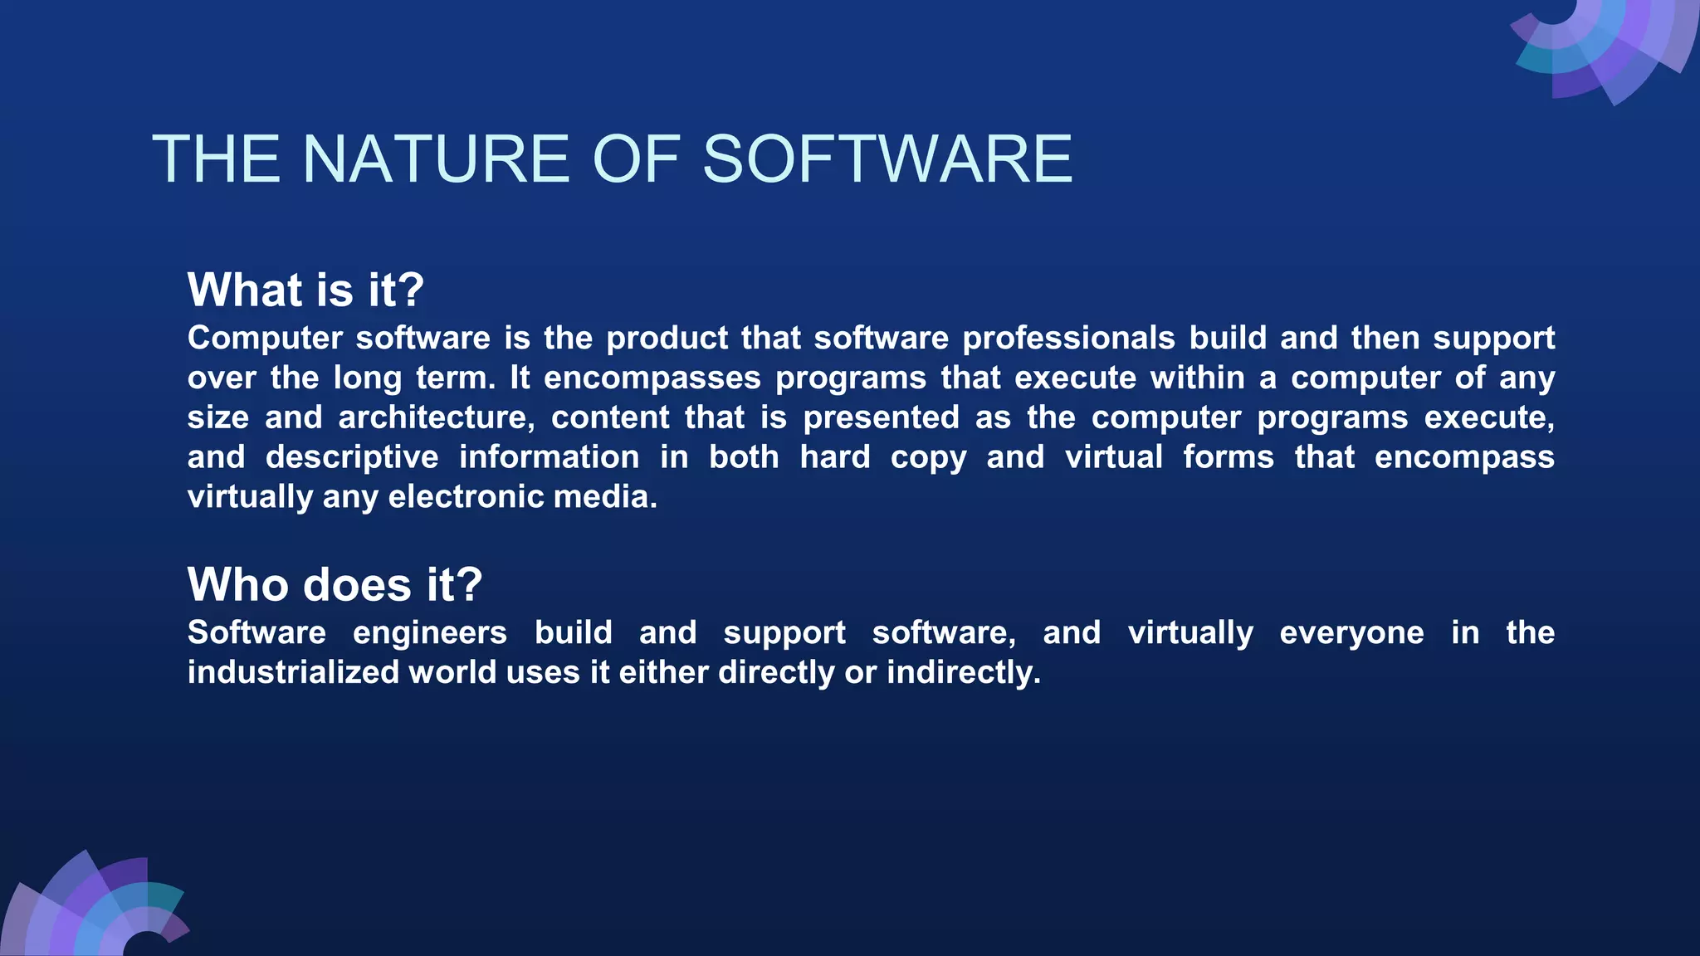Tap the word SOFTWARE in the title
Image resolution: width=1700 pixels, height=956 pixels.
click(887, 159)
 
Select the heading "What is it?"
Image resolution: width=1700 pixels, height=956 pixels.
click(305, 290)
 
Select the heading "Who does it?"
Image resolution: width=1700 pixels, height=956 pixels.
click(335, 584)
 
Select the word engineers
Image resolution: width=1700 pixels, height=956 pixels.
click(429, 632)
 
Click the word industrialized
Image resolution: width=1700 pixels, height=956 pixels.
click(293, 672)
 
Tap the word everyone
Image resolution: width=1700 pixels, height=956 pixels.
click(1351, 632)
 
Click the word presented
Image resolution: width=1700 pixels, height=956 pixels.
click(881, 417)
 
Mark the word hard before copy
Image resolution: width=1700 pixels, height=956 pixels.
click(834, 457)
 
